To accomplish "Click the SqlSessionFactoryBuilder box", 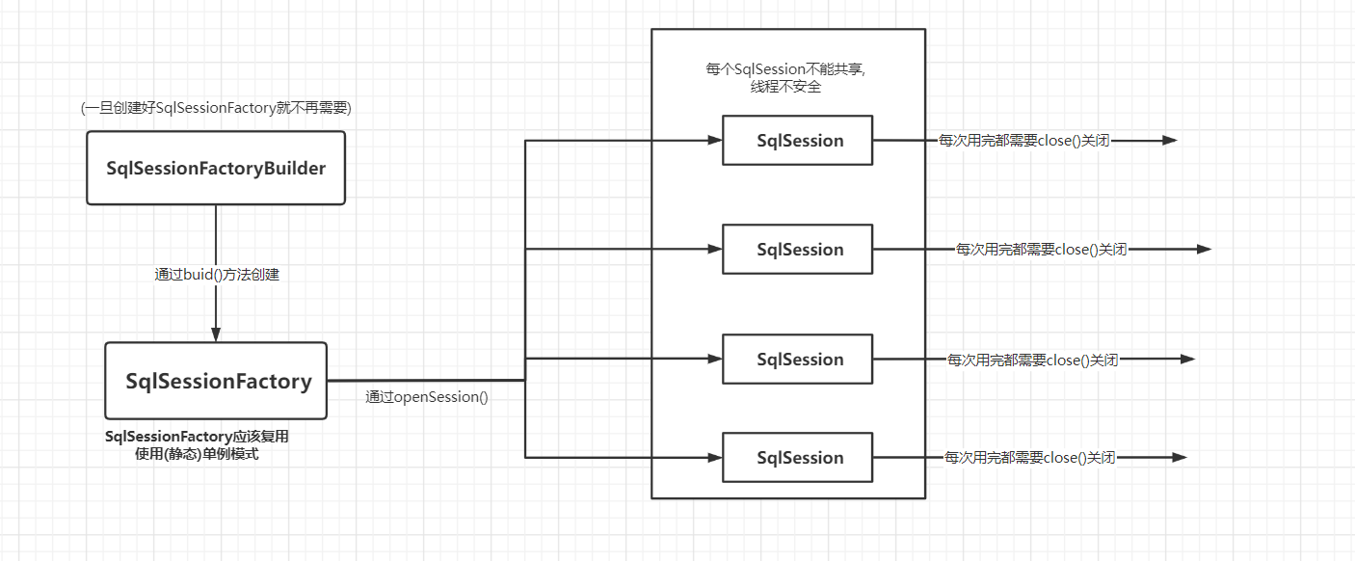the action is click(216, 168).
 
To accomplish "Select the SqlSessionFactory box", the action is click(216, 381).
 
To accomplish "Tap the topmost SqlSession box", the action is click(797, 141).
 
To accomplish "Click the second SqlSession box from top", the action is click(797, 250).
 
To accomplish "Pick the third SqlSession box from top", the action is click(797, 359).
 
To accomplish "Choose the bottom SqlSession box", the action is click(797, 458).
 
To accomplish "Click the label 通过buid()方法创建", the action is click(217, 275).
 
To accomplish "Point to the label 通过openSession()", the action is click(427, 397).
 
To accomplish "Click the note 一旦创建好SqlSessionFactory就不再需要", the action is click(216, 108).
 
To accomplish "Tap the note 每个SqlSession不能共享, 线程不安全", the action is click(785, 77).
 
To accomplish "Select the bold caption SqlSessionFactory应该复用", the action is click(197, 437).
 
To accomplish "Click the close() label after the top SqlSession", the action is click(1023, 141).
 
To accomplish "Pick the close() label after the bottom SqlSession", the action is click(1029, 458).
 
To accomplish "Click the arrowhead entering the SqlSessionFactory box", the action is click(216, 334).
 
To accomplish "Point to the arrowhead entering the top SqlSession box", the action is click(715, 141).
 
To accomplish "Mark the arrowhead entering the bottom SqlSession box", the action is click(715, 458).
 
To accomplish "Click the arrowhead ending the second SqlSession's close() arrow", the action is click(1204, 249).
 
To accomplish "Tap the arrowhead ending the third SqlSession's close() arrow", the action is click(1187, 359).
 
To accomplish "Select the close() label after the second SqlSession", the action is click(1041, 250).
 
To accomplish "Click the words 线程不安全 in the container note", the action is click(785, 87).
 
